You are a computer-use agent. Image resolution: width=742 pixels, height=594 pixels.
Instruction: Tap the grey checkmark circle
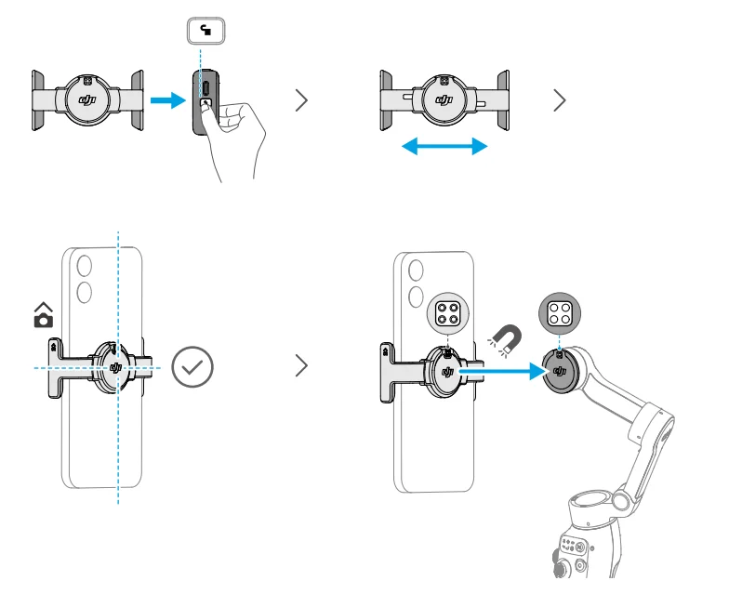tap(192, 367)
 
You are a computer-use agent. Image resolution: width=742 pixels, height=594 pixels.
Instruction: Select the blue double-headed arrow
tap(444, 146)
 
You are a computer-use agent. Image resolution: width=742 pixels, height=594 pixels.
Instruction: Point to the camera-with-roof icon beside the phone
tap(43, 317)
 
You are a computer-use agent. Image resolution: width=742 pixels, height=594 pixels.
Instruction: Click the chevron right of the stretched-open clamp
tap(559, 100)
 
